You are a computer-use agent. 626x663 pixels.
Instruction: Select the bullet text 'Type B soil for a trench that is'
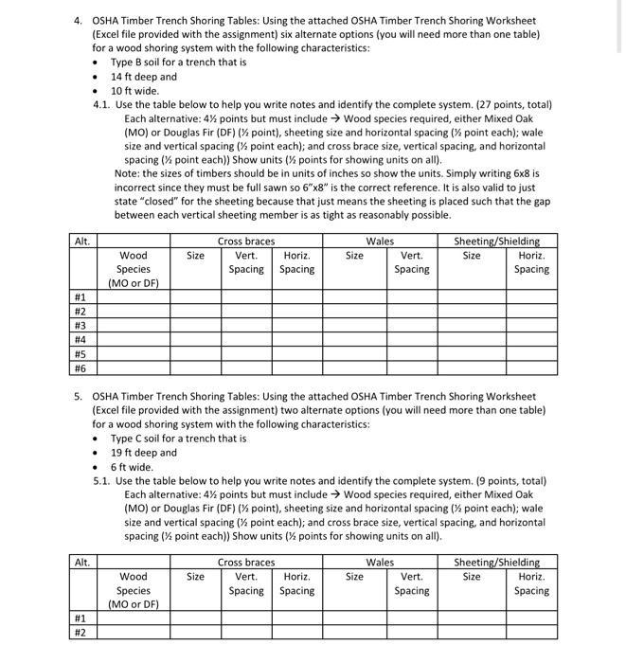(x=178, y=62)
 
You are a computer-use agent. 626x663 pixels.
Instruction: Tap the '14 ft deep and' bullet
(x=144, y=77)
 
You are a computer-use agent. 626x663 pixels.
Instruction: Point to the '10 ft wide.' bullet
(x=134, y=91)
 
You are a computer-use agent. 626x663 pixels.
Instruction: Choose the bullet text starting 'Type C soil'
(x=178, y=439)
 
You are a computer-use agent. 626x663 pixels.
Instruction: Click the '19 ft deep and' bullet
(x=144, y=453)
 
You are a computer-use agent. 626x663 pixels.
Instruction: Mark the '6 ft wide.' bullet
(x=132, y=467)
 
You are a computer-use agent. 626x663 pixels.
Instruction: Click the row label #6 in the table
(x=80, y=368)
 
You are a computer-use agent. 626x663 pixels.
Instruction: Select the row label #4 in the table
(x=80, y=339)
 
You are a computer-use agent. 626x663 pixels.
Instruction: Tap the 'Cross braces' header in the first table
(x=246, y=242)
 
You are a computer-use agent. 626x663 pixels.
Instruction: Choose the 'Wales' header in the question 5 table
(x=380, y=563)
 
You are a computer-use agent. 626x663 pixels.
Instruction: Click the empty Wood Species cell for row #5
(x=133, y=354)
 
